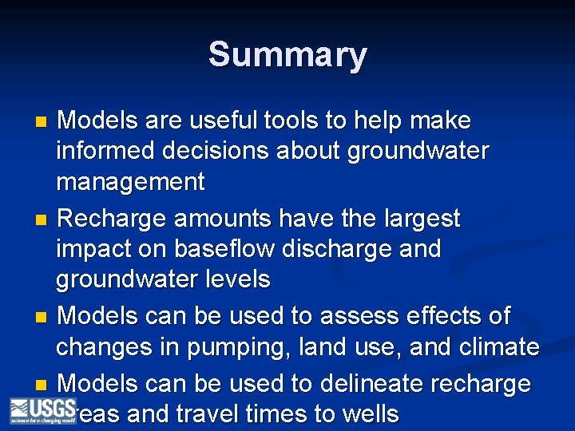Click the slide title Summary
287,55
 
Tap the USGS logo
42,410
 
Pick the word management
130,182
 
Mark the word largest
421,218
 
